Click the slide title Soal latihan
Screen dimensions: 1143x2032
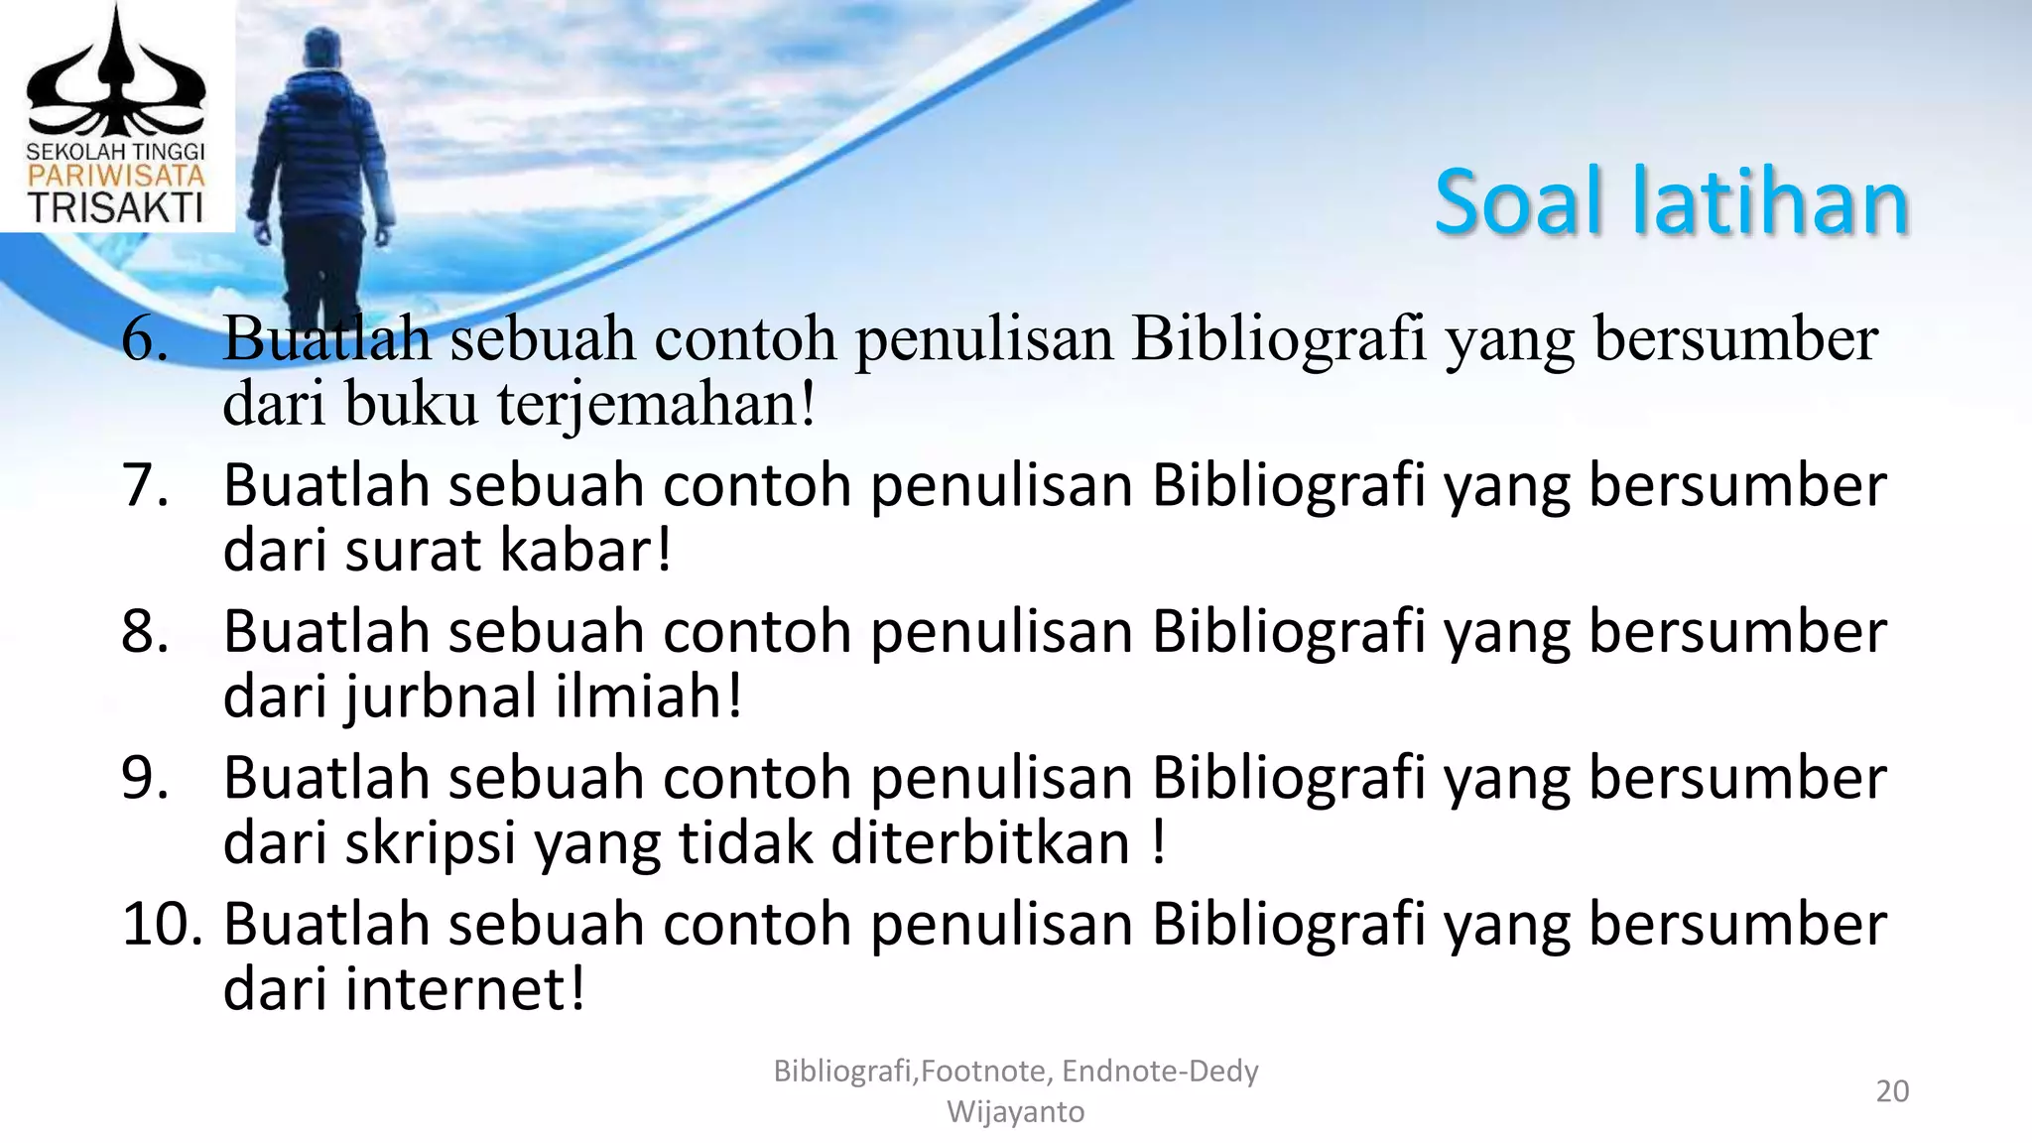pos(1671,202)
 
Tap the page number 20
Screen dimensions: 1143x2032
pos(1892,1090)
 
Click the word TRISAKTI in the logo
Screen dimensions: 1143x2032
pos(115,208)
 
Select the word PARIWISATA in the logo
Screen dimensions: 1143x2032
pos(115,177)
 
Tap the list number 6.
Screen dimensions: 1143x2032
pos(145,338)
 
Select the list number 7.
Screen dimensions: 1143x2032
pos(145,485)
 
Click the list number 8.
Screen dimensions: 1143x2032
pos(145,631)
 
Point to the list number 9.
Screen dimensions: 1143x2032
pos(145,777)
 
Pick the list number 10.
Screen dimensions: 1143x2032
pos(162,924)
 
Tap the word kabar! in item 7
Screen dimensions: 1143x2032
pos(585,551)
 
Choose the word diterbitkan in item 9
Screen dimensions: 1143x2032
pos(980,843)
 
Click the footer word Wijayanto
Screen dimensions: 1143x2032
pos(1015,1111)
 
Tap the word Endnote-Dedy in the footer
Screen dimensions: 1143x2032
pos(1159,1072)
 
